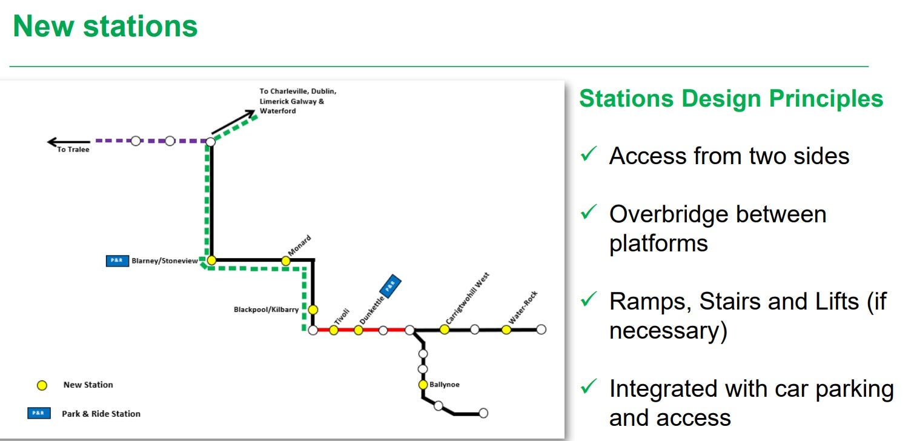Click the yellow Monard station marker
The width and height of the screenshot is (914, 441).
click(286, 261)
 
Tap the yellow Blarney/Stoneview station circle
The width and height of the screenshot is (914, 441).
click(211, 260)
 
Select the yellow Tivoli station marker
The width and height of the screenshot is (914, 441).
click(334, 330)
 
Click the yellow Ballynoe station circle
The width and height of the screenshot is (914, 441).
click(423, 385)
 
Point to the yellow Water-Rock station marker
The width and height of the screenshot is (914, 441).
click(506, 330)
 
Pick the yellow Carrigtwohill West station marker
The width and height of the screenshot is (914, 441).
click(445, 330)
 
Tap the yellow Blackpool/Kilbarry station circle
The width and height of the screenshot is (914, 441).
click(313, 310)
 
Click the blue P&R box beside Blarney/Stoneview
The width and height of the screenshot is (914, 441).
click(117, 261)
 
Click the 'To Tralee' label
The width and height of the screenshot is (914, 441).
click(73, 150)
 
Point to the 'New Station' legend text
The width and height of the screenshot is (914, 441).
click(88, 385)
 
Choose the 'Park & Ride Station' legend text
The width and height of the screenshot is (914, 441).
click(101, 414)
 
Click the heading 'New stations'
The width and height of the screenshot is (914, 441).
click(105, 26)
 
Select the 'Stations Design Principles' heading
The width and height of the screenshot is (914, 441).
click(731, 99)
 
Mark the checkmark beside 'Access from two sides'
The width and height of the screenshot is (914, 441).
click(589, 156)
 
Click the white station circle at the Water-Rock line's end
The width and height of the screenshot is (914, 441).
click(541, 330)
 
